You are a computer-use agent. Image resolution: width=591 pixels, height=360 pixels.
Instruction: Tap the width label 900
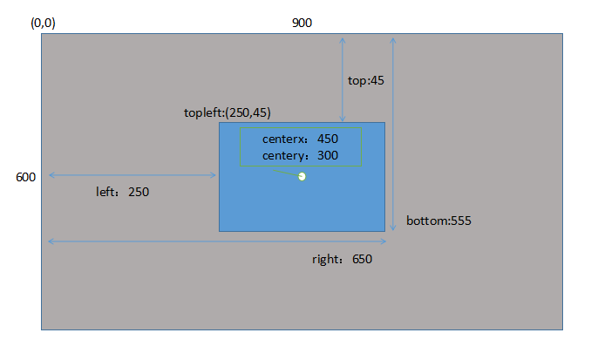tap(302, 23)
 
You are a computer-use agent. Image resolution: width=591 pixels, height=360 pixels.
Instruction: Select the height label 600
tap(25, 177)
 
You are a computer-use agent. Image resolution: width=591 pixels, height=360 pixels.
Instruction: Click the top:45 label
tap(366, 80)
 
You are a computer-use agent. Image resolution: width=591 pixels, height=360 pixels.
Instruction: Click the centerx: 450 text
tap(300, 139)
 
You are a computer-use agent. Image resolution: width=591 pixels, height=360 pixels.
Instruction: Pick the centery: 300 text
tap(300, 155)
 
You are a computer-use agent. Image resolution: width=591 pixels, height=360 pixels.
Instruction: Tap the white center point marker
tap(302, 177)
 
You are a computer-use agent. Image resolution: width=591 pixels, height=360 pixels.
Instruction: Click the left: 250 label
tap(122, 192)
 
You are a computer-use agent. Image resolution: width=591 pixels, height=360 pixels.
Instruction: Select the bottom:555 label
tap(438, 221)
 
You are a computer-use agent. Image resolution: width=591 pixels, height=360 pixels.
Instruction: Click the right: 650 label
tap(342, 259)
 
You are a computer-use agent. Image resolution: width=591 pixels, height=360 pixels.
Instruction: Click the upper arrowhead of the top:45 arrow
tap(343, 38)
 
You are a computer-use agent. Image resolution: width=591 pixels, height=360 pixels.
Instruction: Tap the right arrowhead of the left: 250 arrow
tap(214, 175)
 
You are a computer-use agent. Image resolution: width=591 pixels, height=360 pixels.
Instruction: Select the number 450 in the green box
tap(328, 139)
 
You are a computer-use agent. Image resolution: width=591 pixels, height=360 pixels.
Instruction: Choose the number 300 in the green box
tap(328, 155)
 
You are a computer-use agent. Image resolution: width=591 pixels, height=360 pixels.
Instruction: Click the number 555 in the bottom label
tap(460, 221)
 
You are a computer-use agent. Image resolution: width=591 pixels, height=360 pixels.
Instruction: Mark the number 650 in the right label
tap(363, 259)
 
